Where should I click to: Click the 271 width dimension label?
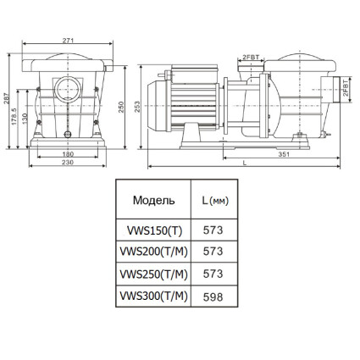[68, 41]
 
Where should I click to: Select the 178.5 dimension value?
[14, 116]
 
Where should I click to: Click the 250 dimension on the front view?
[121, 107]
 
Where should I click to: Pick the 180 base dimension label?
[68, 154]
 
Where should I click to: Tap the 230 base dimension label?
[68, 162]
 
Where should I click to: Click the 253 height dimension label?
[137, 107]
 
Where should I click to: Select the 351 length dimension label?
[284, 154]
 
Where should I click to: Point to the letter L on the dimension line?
[245, 163]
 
